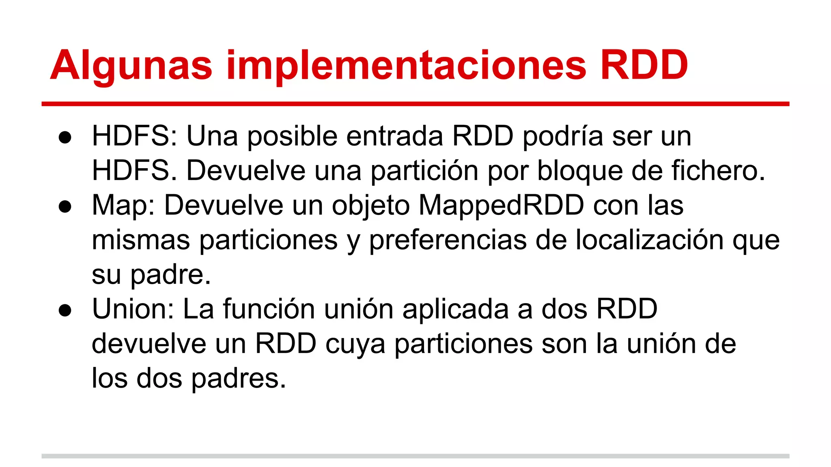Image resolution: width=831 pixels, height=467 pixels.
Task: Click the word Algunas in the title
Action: pos(131,66)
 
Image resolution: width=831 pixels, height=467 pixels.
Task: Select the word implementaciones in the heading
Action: pos(406,66)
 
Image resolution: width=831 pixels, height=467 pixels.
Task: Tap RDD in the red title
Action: pos(644,65)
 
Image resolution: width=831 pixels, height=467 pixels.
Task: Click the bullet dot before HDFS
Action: pos(65,137)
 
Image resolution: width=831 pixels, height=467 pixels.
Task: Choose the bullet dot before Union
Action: pos(65,311)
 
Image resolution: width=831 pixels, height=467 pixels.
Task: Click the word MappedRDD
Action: pos(501,205)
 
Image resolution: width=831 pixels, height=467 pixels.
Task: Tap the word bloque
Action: pos(580,171)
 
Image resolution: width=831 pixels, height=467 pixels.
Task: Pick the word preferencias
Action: pos(448,240)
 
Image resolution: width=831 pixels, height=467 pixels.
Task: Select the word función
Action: pos(268,309)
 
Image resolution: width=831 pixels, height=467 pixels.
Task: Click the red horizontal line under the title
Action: pos(415,104)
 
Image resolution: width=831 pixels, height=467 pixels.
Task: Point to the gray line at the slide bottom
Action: pos(415,456)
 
